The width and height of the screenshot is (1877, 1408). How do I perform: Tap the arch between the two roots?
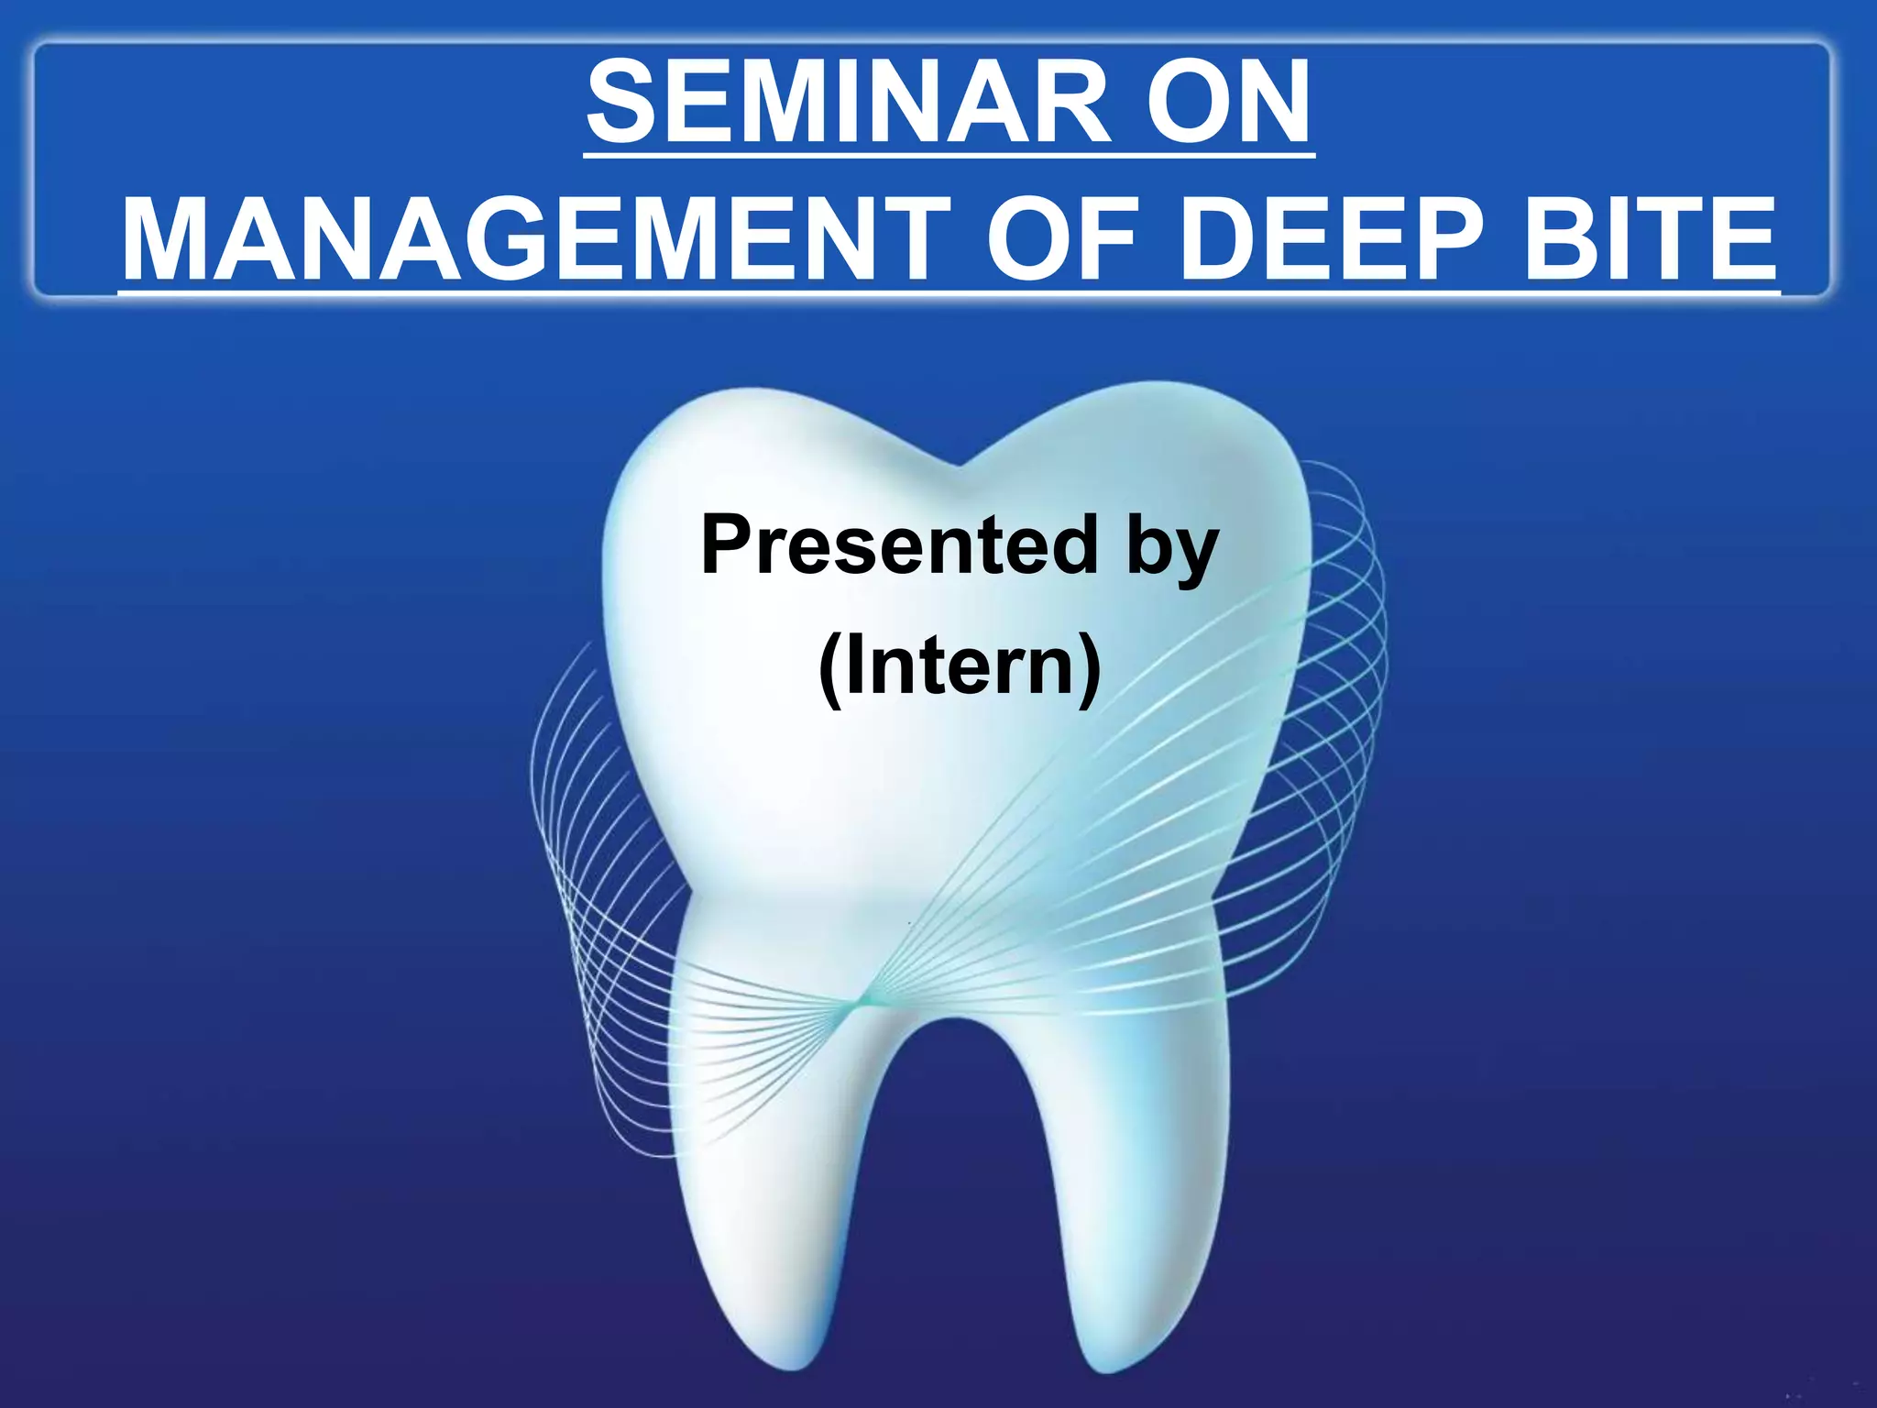click(953, 1027)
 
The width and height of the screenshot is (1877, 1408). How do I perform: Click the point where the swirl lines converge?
click(857, 1005)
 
